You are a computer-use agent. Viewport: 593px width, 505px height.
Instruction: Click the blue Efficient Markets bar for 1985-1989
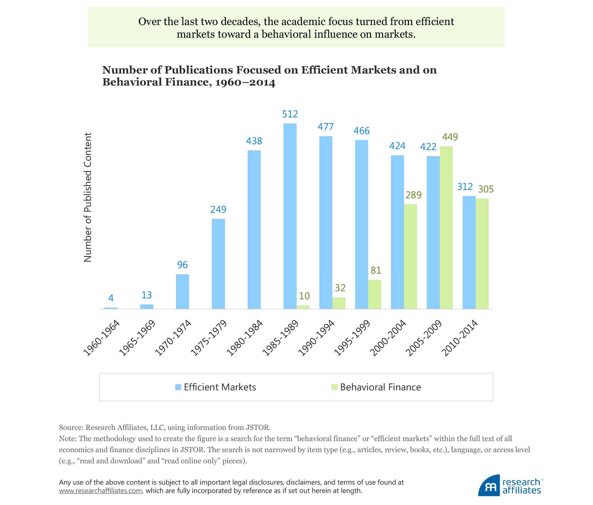[x=290, y=216]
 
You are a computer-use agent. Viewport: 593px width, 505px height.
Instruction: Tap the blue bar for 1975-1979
[x=218, y=264]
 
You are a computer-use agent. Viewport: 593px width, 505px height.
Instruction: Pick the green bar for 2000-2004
[x=410, y=256]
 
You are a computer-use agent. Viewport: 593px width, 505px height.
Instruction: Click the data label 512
[x=290, y=114]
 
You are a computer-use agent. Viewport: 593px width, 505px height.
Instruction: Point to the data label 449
[x=450, y=137]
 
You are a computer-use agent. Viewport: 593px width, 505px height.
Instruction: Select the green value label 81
[x=376, y=271]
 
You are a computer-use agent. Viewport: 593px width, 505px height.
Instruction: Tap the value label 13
[x=147, y=295]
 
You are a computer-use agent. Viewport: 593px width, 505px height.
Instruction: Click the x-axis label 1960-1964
[x=102, y=338]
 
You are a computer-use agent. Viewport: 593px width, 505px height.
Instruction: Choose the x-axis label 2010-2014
[x=460, y=338]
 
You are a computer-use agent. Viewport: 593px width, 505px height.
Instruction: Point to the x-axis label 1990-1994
[x=316, y=338]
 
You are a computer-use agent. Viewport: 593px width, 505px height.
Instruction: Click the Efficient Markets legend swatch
[x=178, y=387]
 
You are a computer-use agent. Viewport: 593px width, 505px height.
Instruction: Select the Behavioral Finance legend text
[x=381, y=387]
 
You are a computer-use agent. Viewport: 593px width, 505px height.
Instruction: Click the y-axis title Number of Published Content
[x=88, y=198]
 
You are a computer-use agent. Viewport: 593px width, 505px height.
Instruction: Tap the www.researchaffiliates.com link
[x=100, y=490]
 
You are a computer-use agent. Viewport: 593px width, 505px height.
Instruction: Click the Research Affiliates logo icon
[x=489, y=486]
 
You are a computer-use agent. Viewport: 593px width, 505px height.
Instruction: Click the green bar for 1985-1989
[x=303, y=307]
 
